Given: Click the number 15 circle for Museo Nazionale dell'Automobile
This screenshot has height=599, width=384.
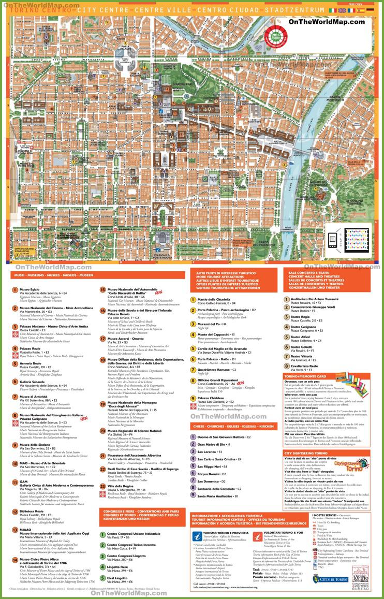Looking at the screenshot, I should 102,290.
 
